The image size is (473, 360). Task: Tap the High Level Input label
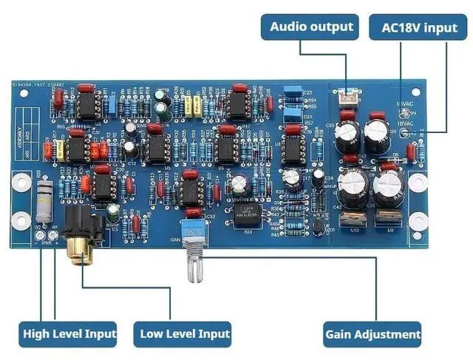pos(69,333)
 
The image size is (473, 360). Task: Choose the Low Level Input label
pos(184,333)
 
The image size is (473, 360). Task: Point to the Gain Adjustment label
pos(372,333)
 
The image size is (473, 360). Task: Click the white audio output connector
pos(347,97)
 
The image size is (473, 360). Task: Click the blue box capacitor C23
pos(293,94)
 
